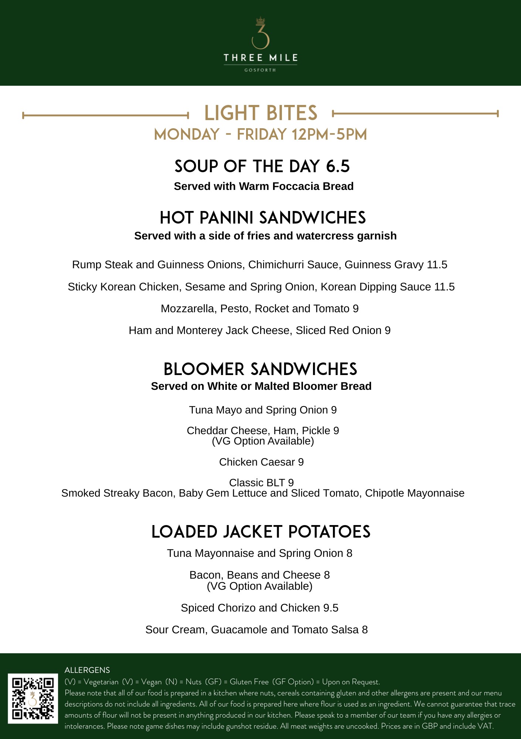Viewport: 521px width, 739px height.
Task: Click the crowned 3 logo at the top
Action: click(x=260, y=33)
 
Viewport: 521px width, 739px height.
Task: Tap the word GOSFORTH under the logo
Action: click(x=260, y=70)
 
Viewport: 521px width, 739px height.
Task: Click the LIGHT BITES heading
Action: click(x=260, y=113)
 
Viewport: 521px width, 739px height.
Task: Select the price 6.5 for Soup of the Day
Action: click(x=338, y=166)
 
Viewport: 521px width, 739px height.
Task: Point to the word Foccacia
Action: click(x=290, y=186)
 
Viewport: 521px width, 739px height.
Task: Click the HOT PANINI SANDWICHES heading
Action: click(x=262, y=218)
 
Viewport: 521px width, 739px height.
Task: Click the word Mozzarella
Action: click(x=188, y=309)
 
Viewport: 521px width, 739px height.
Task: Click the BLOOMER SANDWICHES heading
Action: click(x=260, y=369)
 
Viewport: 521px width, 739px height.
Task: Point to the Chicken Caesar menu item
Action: click(x=261, y=462)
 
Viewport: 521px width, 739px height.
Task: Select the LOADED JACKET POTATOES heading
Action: click(x=261, y=532)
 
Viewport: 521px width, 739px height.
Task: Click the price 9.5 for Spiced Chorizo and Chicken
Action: click(x=331, y=608)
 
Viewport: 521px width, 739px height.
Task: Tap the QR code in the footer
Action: click(x=33, y=698)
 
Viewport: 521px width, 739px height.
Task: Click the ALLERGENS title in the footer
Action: click(x=87, y=670)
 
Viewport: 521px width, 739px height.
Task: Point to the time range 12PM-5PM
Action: click(x=329, y=134)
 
